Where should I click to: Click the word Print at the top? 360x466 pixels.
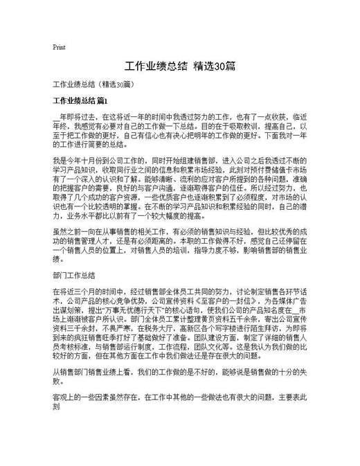pyautogui.click(x=59, y=47)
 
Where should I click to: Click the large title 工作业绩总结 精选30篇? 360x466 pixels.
pyautogui.click(x=180, y=67)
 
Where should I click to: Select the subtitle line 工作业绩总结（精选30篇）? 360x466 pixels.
pyautogui.click(x=97, y=84)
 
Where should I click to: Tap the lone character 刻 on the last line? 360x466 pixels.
pyautogui.click(x=57, y=409)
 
